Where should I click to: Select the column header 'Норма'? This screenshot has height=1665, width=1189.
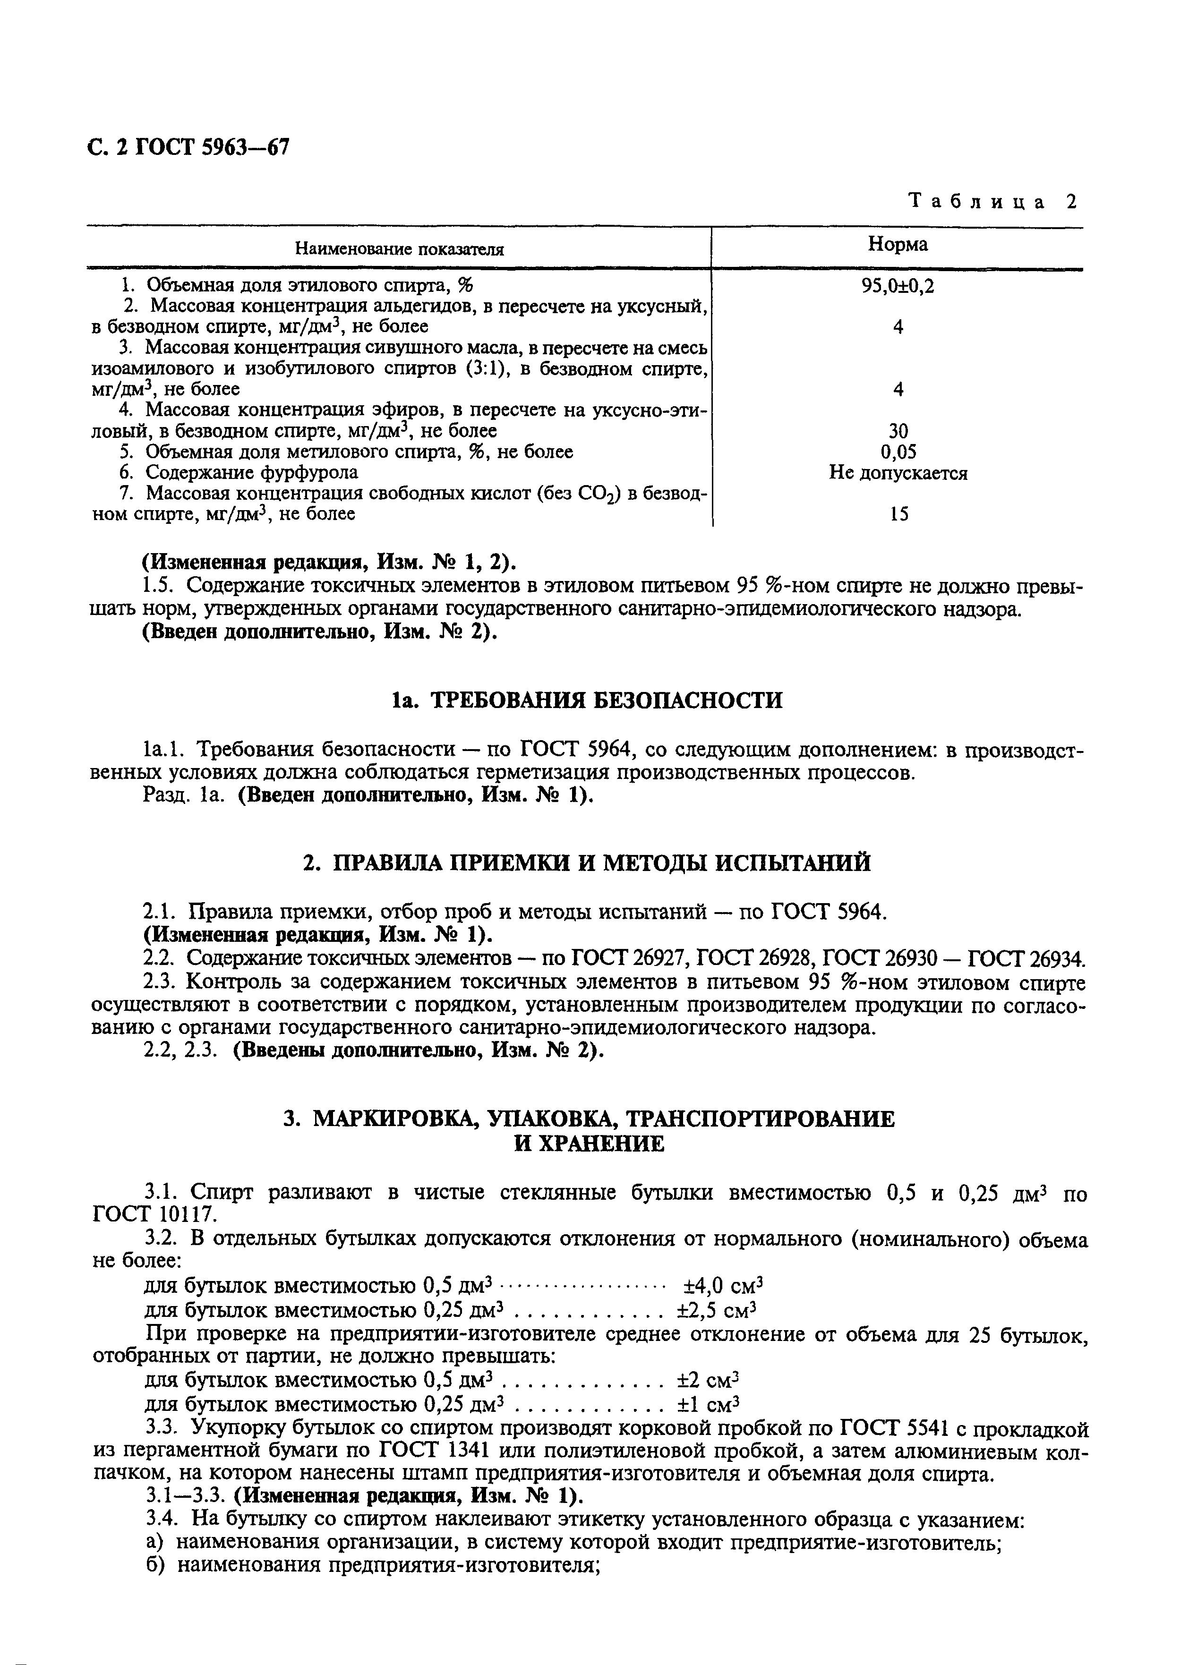(x=898, y=245)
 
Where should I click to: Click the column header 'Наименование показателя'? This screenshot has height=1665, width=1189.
(x=399, y=249)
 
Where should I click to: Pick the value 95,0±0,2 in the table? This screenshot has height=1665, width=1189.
(x=898, y=286)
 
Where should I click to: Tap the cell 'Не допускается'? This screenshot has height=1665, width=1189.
(x=898, y=473)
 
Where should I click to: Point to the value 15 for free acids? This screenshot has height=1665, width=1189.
(x=898, y=514)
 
